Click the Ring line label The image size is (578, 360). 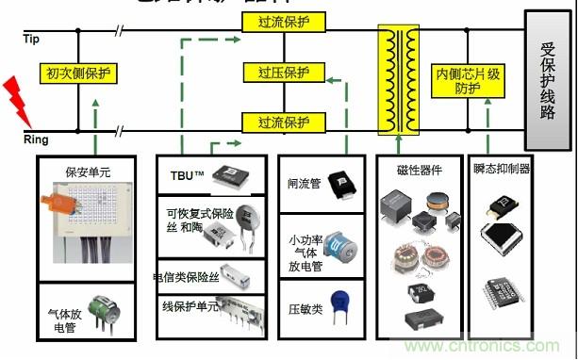point(35,139)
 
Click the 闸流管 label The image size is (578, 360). point(305,184)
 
